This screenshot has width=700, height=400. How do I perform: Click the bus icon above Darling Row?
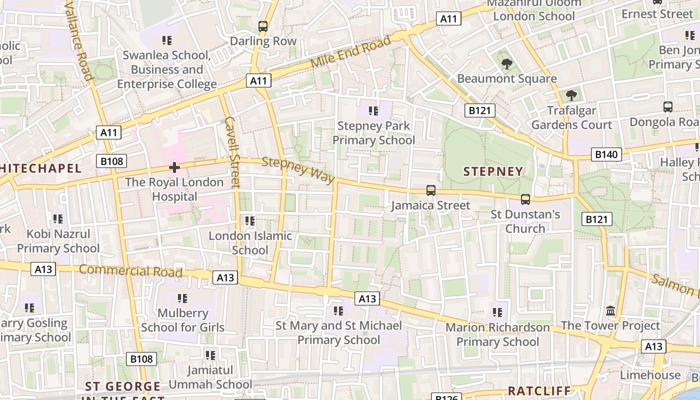[x=263, y=26]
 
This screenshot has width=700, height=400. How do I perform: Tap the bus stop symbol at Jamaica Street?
[x=430, y=190]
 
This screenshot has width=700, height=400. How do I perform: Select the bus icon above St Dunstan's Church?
[x=525, y=199]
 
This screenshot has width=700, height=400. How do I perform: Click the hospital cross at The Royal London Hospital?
[x=174, y=167]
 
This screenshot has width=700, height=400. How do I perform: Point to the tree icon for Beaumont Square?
[x=506, y=64]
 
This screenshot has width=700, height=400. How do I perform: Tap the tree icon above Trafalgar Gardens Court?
[x=571, y=95]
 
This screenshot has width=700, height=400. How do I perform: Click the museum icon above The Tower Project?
[x=610, y=311]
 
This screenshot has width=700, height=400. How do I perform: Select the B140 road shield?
[x=606, y=154]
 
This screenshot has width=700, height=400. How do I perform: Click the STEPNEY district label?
[x=493, y=171]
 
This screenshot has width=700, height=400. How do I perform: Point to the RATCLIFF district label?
[x=539, y=390]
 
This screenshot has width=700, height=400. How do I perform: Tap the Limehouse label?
[x=650, y=375]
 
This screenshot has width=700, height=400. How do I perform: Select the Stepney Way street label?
[x=298, y=170]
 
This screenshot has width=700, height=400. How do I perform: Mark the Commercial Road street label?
[x=130, y=270]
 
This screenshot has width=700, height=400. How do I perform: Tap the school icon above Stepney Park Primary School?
[x=373, y=110]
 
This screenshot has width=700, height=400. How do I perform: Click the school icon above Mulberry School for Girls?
[x=182, y=298]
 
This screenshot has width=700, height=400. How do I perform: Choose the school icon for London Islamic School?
[x=249, y=220]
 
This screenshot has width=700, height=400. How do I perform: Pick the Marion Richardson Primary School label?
[x=497, y=334]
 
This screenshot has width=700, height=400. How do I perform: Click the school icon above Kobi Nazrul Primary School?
[x=58, y=218]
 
